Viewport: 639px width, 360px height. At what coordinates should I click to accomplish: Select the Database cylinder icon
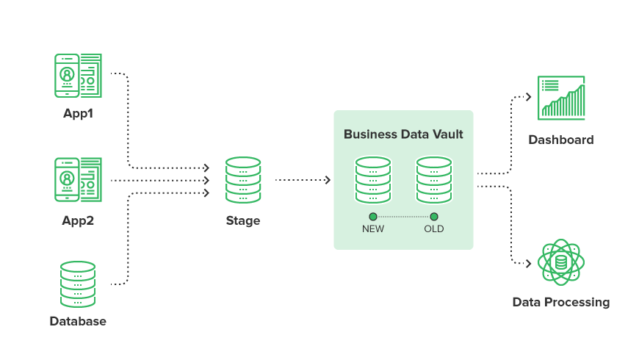pyautogui.click(x=77, y=284)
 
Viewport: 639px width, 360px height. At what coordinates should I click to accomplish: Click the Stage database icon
pyautogui.click(x=243, y=179)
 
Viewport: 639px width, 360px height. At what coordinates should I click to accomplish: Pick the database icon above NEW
pyautogui.click(x=373, y=179)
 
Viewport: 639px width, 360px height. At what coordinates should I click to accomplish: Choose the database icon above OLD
pyautogui.click(x=434, y=179)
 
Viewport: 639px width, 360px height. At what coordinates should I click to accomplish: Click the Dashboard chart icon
pyautogui.click(x=562, y=98)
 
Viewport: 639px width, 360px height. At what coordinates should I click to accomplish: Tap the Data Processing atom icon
pyautogui.click(x=561, y=262)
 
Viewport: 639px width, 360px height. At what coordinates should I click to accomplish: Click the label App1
pyautogui.click(x=78, y=114)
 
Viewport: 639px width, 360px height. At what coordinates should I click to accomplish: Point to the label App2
pyautogui.click(x=78, y=220)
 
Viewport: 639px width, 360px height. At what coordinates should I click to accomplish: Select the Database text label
pyautogui.click(x=78, y=321)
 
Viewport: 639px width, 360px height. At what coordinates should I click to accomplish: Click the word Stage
pyautogui.click(x=243, y=220)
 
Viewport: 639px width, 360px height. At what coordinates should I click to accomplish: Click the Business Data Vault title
pyautogui.click(x=403, y=134)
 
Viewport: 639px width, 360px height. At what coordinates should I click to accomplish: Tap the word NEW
pyautogui.click(x=373, y=229)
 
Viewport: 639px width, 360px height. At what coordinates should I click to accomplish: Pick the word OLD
pyautogui.click(x=434, y=229)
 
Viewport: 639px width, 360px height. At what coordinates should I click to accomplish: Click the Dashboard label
pyautogui.click(x=561, y=140)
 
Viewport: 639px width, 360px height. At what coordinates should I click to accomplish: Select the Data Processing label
pyautogui.click(x=561, y=302)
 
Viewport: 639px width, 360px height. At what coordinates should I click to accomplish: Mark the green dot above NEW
pyautogui.click(x=373, y=217)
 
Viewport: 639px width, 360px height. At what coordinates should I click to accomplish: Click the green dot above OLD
pyautogui.click(x=434, y=217)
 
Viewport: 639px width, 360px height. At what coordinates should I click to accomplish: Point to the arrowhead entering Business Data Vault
pyautogui.click(x=328, y=180)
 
